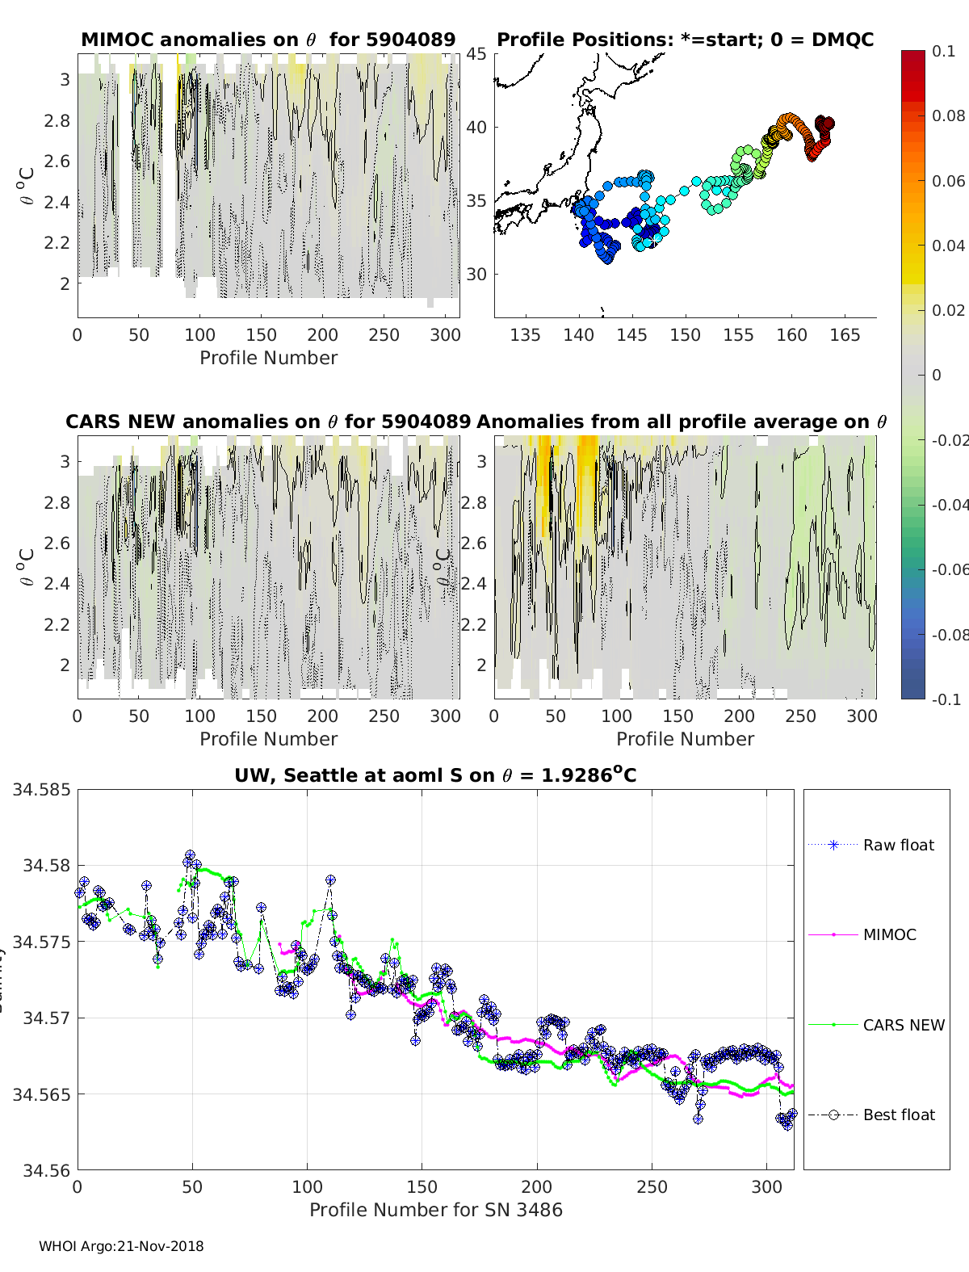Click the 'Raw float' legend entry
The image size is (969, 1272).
point(898,845)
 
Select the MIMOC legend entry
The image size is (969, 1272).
point(889,934)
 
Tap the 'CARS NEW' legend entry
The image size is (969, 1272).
point(903,1025)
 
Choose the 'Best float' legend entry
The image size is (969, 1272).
point(898,1115)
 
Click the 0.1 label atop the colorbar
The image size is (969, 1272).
point(943,51)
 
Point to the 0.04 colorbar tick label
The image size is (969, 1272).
point(948,246)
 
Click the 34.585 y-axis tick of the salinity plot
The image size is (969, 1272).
point(41,789)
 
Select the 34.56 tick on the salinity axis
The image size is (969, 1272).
point(46,1169)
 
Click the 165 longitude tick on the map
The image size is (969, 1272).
point(845,335)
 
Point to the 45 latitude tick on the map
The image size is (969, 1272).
point(476,54)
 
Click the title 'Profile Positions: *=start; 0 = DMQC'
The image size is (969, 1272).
point(685,40)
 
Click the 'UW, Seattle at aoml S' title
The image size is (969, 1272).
point(435,775)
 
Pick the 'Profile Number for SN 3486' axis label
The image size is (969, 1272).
point(435,1210)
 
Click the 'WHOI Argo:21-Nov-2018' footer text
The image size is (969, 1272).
point(121,1246)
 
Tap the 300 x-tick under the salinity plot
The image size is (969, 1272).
point(766,1187)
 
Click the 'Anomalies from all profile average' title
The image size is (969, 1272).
point(682,422)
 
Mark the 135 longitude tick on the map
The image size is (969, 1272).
point(525,335)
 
